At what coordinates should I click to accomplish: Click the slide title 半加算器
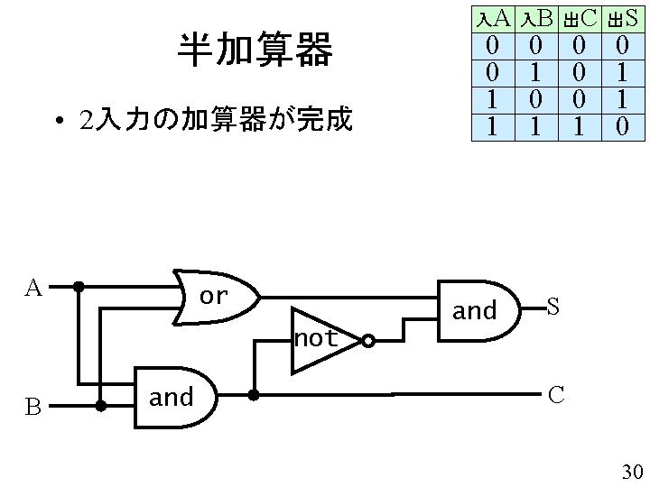255,51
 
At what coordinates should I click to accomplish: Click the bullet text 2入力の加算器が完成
215,119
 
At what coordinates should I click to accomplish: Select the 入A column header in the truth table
493,18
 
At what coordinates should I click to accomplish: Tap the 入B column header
537,18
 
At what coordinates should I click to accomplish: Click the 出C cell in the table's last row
579,127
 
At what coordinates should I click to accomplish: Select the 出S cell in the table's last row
621,127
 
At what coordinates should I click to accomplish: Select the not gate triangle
321,340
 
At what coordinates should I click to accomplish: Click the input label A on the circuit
32,289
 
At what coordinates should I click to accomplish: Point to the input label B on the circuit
32,408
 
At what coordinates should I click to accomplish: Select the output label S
553,308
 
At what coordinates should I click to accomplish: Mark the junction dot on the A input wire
79,288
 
